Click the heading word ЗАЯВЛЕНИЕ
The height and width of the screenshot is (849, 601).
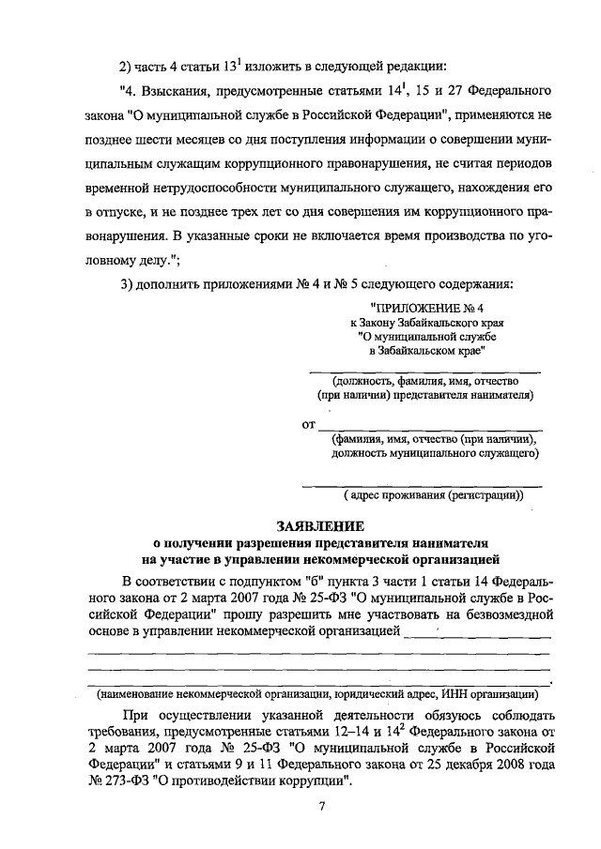click(319, 526)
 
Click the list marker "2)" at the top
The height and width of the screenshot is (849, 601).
click(128, 66)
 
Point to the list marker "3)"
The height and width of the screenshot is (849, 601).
click(128, 285)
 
